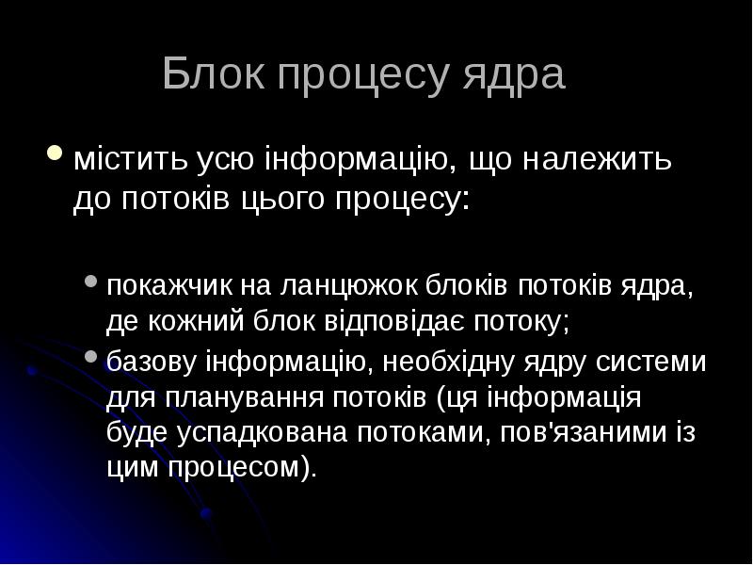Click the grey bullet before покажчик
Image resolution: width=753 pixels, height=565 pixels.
point(90,281)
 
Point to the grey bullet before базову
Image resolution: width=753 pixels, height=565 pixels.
point(90,357)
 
